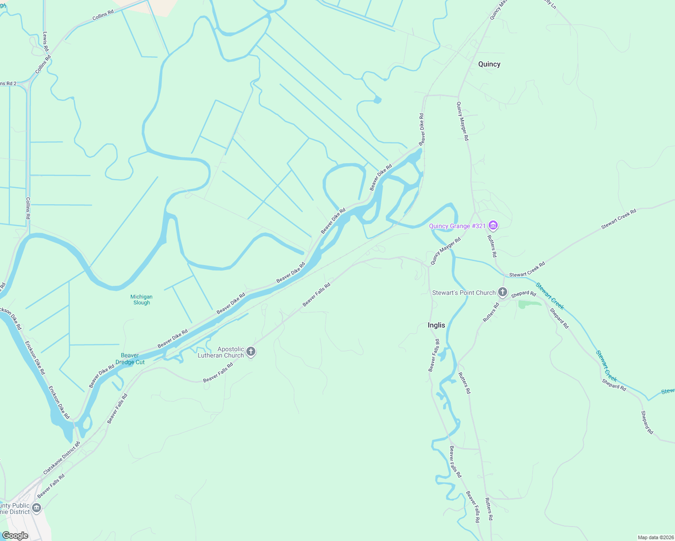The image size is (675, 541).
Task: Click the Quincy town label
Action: tap(489, 64)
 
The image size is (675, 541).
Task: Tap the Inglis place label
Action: tap(436, 325)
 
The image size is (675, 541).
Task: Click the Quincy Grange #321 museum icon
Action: tap(493, 225)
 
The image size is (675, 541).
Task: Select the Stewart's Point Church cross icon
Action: tap(503, 292)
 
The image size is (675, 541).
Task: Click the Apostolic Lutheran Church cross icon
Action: tap(251, 351)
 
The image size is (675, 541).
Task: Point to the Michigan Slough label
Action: tap(141, 300)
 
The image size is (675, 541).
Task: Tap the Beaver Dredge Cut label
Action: tap(130, 359)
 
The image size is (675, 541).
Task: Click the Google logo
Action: tap(15, 536)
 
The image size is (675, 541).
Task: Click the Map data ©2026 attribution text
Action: tap(655, 537)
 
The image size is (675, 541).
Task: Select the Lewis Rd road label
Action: tap(46, 41)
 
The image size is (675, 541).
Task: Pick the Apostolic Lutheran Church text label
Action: tap(221, 352)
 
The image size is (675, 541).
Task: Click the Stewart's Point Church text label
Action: tap(464, 293)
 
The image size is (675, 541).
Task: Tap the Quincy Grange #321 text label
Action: tap(457, 226)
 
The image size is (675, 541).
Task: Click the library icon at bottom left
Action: tap(37, 508)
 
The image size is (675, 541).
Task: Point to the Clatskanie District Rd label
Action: tap(61, 458)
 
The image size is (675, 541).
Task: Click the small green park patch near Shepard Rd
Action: tap(529, 304)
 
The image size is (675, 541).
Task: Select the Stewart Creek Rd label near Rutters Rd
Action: tap(527, 269)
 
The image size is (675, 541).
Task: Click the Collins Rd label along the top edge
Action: tap(103, 15)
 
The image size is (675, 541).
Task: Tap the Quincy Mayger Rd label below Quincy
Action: tap(462, 121)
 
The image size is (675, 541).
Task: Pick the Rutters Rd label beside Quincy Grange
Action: tap(492, 246)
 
